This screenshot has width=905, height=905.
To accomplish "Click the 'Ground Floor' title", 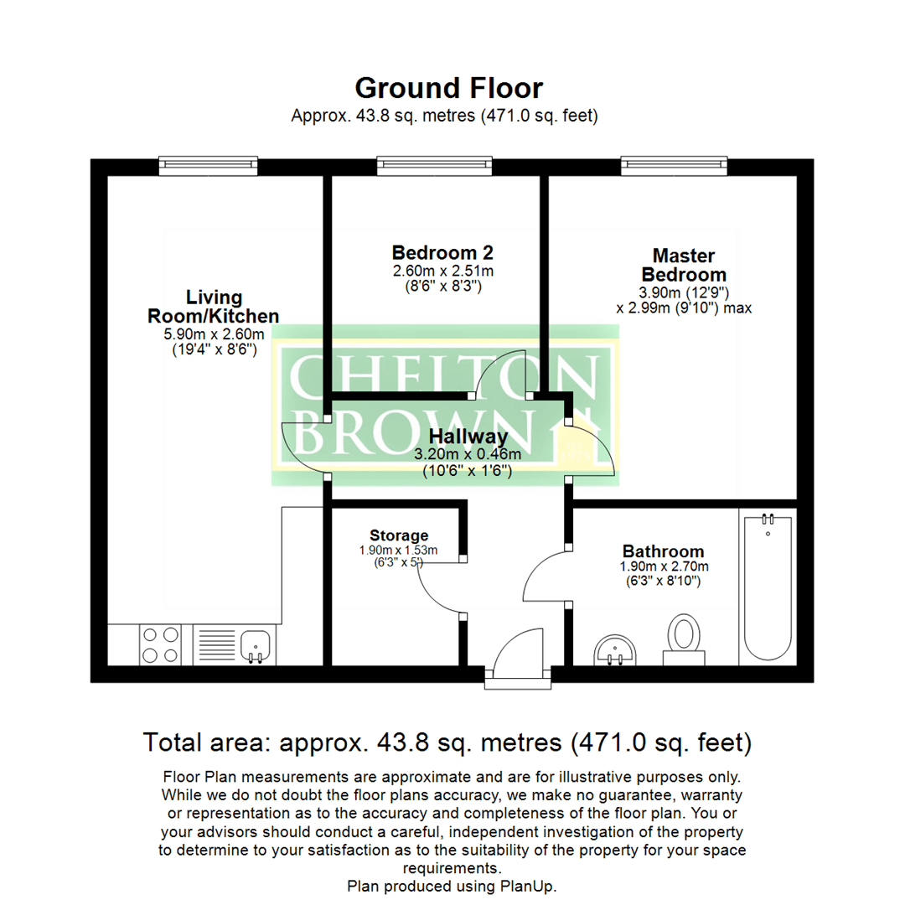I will click(x=449, y=88).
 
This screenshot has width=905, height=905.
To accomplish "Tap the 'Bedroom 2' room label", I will click(x=442, y=252).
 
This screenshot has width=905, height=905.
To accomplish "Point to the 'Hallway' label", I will click(x=468, y=437).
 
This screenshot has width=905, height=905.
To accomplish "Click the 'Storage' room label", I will click(x=399, y=535).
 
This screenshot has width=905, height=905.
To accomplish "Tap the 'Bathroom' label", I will click(x=663, y=551).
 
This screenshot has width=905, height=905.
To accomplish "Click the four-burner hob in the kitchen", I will click(x=159, y=644).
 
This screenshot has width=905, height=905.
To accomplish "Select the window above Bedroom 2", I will click(x=433, y=165).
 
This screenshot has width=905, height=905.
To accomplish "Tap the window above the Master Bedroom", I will click(x=675, y=165).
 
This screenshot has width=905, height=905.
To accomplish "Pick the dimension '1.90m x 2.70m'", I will click(x=663, y=567).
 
